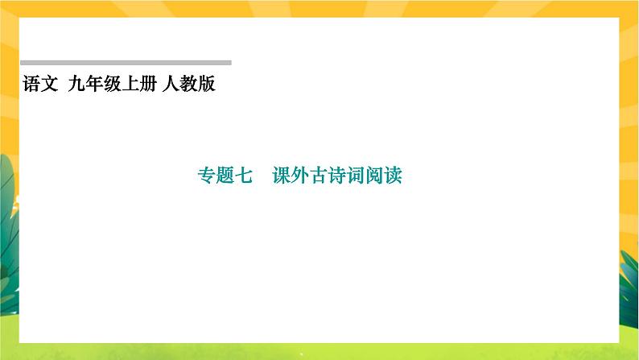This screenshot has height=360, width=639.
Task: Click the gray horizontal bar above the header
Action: coord(125,62)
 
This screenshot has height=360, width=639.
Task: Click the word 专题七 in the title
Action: coord(225,176)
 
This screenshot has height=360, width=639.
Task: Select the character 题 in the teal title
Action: coord(225,176)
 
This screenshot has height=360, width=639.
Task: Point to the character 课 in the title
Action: coord(282,176)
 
